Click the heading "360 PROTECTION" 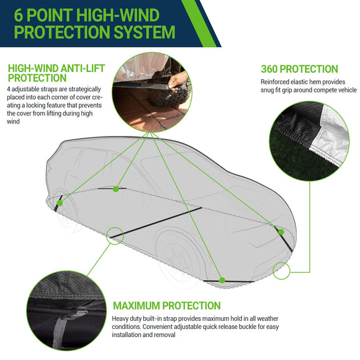[299, 69]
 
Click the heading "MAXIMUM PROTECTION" [166, 305]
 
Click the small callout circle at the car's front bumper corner [281, 270]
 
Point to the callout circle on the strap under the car [115, 234]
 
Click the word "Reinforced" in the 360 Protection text [275, 81]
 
